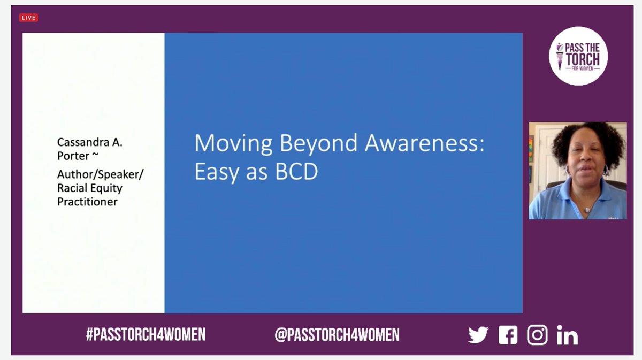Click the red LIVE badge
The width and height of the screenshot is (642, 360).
point(28,18)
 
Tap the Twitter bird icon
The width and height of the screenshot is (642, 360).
point(478,335)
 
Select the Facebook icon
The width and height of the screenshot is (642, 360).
point(508,335)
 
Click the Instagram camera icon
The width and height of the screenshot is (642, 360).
point(537,335)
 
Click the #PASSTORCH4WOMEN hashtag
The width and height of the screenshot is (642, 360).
point(146,335)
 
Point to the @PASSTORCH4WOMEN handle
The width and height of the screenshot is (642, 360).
point(337,335)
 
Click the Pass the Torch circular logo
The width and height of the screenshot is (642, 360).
point(578,56)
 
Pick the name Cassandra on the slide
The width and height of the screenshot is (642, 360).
point(83,143)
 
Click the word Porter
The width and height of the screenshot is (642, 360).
point(73,156)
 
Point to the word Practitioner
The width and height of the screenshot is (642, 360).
point(87,202)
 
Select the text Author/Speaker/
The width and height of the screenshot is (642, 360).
point(101,174)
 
